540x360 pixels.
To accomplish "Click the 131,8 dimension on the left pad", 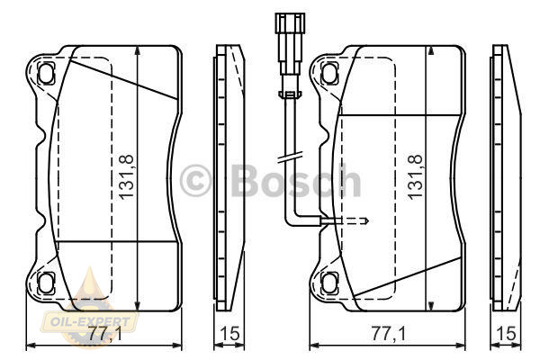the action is pyautogui.click(x=126, y=176).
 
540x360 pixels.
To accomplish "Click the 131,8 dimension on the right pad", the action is pyautogui.click(x=415, y=176).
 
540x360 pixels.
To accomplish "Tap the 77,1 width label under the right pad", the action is pyautogui.click(x=389, y=333).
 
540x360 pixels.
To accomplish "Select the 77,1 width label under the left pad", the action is pyautogui.click(x=105, y=333).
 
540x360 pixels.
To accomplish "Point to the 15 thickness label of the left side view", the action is pyautogui.click(x=229, y=333).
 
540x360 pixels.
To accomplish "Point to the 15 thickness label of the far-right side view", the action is pyautogui.click(x=507, y=333).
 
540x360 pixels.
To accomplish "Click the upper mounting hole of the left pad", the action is pyautogui.click(x=46, y=73).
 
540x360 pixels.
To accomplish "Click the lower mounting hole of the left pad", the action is pyautogui.click(x=46, y=283).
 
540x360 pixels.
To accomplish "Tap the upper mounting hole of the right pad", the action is pyautogui.click(x=329, y=73).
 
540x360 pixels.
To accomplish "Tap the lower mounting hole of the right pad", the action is pyautogui.click(x=329, y=283).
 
